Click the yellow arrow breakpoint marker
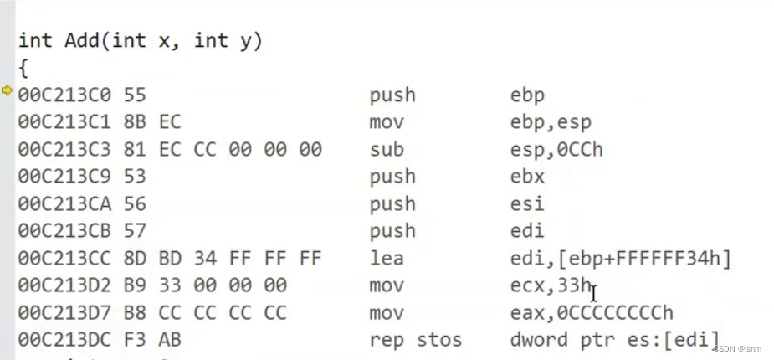8,90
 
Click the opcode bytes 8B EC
170,122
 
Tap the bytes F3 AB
170,341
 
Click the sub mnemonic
387,150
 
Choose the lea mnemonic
387,259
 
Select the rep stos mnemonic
416,341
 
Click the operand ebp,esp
551,122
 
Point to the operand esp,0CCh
556,150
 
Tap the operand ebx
527,177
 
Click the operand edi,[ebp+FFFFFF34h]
621,259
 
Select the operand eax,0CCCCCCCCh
592,313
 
